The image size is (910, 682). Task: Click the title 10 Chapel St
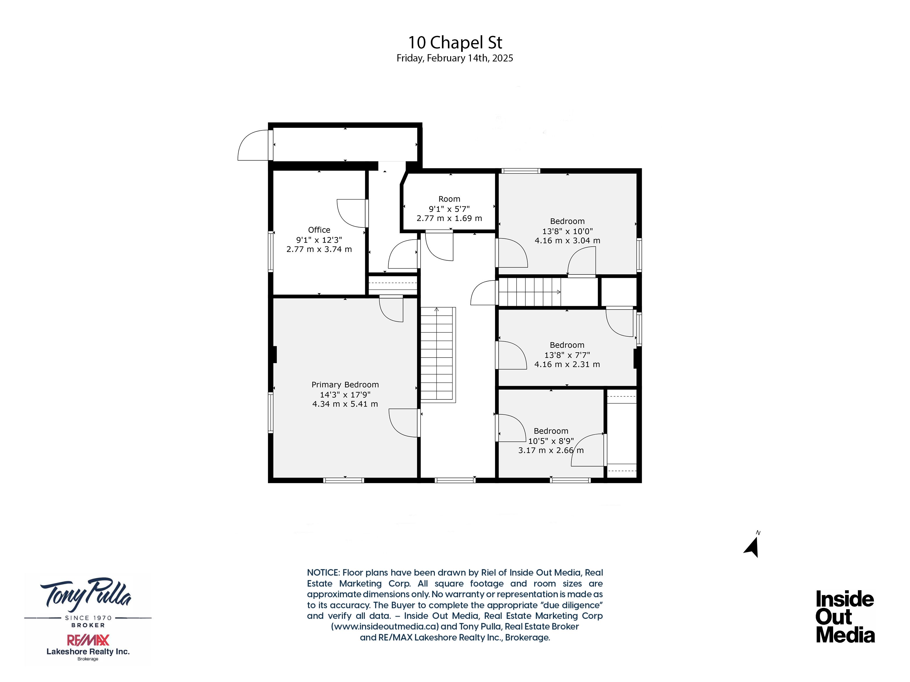pos(455,42)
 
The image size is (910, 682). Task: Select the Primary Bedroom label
pos(345,385)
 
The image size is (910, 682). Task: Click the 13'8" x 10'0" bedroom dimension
pos(567,231)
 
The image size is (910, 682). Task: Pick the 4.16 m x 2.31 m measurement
pos(567,365)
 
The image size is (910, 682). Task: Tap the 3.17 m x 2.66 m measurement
pos(551,450)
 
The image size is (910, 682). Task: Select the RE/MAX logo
pos(88,640)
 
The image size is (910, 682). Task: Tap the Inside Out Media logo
pos(845,617)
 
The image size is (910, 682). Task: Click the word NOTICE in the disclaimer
pos(323,573)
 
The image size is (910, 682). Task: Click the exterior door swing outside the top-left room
pos(253,145)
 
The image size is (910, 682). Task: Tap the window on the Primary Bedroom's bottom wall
pos(344,480)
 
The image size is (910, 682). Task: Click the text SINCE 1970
pos(88,618)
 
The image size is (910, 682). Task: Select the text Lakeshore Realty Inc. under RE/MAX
pos(88,651)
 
